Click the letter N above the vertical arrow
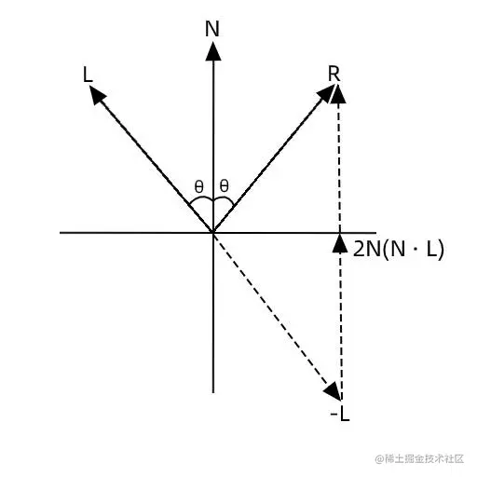[x=212, y=29]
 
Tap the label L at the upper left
[x=88, y=75]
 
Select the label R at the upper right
[x=334, y=75]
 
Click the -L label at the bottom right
[x=340, y=414]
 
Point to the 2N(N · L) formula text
[x=399, y=249]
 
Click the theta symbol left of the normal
[x=198, y=186]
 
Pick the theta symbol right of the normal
[x=224, y=186]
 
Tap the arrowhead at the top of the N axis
[x=213, y=51]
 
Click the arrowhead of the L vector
[x=97, y=94]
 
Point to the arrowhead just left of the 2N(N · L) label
[x=340, y=243]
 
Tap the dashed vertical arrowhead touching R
[x=338, y=94]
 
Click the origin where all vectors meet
[x=213, y=232]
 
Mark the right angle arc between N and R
[x=225, y=198]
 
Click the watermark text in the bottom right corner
[x=419, y=458]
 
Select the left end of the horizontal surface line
[x=61, y=232]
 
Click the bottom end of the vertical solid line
[x=213, y=392]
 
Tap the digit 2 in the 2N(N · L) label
[x=359, y=249]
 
